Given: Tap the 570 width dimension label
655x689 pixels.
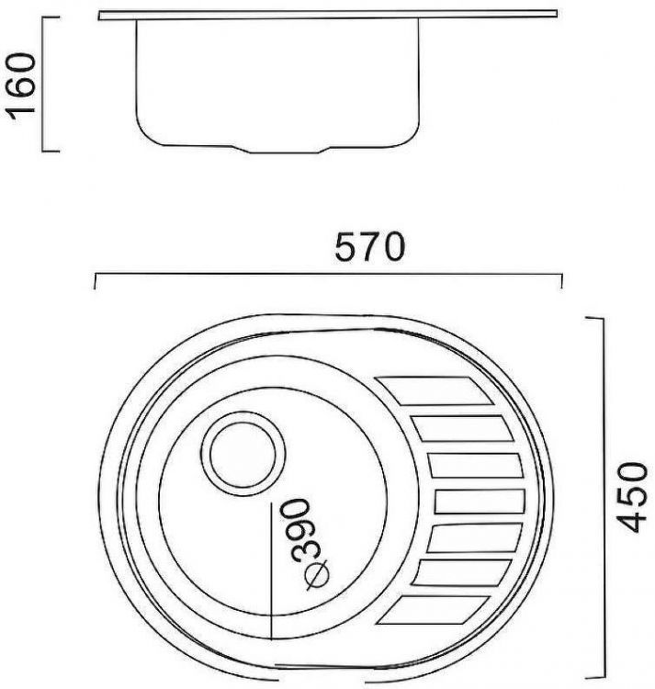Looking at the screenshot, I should pyautogui.click(x=368, y=247).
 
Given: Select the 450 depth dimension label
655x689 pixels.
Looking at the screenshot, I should pyautogui.click(x=628, y=496).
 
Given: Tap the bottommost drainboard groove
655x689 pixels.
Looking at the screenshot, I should pyautogui.click(x=431, y=615).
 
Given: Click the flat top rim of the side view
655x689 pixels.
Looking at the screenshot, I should pyautogui.click(x=327, y=15).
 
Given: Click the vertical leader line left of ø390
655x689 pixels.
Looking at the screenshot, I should pyautogui.click(x=271, y=570).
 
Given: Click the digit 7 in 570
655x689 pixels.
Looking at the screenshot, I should pyautogui.click(x=368, y=247).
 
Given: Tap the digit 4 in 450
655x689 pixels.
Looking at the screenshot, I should pyautogui.click(x=628, y=521).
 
